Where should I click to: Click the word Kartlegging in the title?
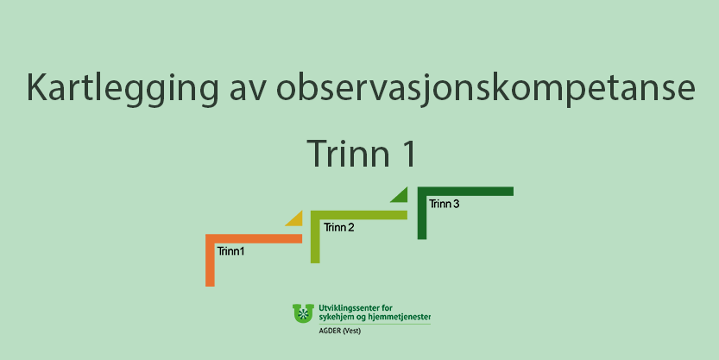pyautogui.click(x=123, y=87)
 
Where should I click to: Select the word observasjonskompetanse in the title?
pyautogui.click(x=486, y=87)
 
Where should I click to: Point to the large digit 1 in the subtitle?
pyautogui.click(x=409, y=153)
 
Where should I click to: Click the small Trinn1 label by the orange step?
pyautogui.click(x=230, y=251)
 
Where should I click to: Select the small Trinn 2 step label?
pyautogui.click(x=339, y=227)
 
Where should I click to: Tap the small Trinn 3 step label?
pyautogui.click(x=444, y=204)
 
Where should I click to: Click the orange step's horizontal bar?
pyautogui.click(x=254, y=238)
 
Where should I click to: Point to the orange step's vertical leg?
pyautogui.click(x=210, y=260)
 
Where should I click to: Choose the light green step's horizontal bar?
pyautogui.click(x=359, y=215)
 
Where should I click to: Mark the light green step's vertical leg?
pyautogui.click(x=315, y=237)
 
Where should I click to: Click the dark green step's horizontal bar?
pyautogui.click(x=465, y=192)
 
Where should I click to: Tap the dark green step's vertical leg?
pyautogui.click(x=422, y=212)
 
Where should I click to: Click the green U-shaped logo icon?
pyautogui.click(x=303, y=313)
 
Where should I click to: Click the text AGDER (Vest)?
pyautogui.click(x=340, y=332)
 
